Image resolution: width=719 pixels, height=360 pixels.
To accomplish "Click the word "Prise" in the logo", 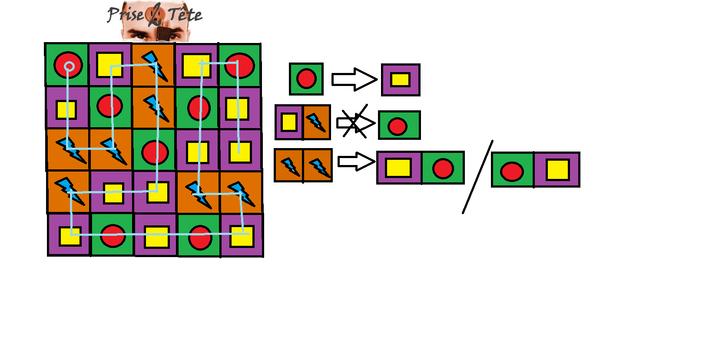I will pyautogui.click(x=126, y=14).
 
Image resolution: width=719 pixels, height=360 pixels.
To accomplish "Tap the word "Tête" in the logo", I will pyautogui.click(x=185, y=14).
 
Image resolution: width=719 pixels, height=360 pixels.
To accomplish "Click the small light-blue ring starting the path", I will pyautogui.click(x=69, y=66).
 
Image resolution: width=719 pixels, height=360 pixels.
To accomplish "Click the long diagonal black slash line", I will pyautogui.click(x=477, y=177).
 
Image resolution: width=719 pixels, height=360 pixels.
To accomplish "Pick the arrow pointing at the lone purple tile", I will pyautogui.click(x=354, y=79).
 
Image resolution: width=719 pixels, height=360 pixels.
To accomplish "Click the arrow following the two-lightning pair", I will pyautogui.click(x=356, y=162).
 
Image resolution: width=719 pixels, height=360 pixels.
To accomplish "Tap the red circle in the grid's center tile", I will pyautogui.click(x=155, y=152).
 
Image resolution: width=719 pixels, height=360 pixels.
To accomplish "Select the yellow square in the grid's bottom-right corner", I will pyautogui.click(x=242, y=236).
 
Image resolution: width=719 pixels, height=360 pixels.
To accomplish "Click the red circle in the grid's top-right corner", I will pyautogui.click(x=239, y=65).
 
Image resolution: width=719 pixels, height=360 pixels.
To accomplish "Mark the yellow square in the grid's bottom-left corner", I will pyautogui.click(x=70, y=236).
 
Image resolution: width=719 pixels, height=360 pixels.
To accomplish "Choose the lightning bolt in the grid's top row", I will pyautogui.click(x=155, y=66).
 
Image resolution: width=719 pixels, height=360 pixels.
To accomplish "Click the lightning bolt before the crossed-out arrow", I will pyautogui.click(x=316, y=122).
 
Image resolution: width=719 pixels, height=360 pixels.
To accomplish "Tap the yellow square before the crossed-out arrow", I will pyautogui.click(x=289, y=122).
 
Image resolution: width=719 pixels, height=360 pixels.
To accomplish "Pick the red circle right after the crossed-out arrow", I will pyautogui.click(x=398, y=126).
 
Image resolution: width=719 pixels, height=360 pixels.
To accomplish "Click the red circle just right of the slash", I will pyautogui.click(x=512, y=172).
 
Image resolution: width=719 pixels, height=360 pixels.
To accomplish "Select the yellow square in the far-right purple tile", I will pyautogui.click(x=558, y=170).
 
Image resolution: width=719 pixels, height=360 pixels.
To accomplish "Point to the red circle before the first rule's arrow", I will pyautogui.click(x=306, y=79).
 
